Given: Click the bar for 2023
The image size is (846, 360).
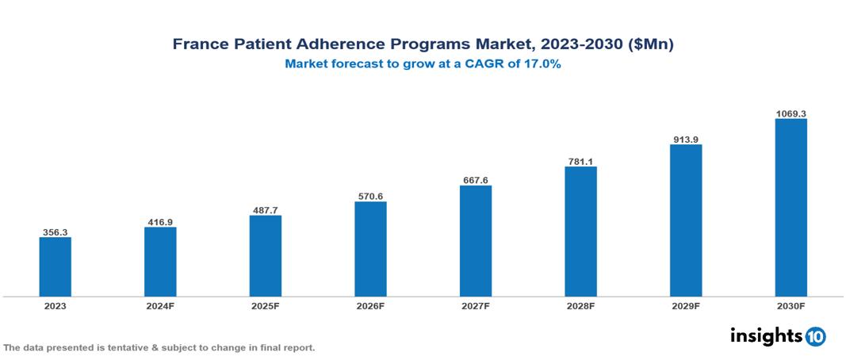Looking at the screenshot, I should (x=55, y=266).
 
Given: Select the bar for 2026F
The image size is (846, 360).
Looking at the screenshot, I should (x=370, y=249).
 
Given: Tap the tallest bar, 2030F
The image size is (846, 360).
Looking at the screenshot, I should (x=790, y=208).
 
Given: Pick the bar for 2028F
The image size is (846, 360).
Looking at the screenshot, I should (x=580, y=232).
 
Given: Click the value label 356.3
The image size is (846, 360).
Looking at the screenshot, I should (x=55, y=232).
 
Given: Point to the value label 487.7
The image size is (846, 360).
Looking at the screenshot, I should (x=265, y=210).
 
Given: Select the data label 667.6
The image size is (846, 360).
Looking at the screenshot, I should (x=476, y=180).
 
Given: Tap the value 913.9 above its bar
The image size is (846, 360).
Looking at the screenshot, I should (x=686, y=139).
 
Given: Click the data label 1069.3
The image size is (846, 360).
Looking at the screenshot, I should (x=790, y=113).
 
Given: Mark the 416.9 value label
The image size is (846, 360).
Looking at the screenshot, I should (x=160, y=222).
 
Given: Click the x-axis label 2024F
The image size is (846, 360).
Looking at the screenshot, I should (x=160, y=305).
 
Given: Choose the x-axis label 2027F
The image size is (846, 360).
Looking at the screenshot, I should (x=476, y=305).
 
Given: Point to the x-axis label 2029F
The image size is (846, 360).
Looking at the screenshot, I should (x=686, y=305).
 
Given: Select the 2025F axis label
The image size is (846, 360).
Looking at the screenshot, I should (x=265, y=305).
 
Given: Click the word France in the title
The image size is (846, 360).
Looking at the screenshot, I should (x=199, y=44).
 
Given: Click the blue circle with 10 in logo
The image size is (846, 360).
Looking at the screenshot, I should (x=815, y=336).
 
